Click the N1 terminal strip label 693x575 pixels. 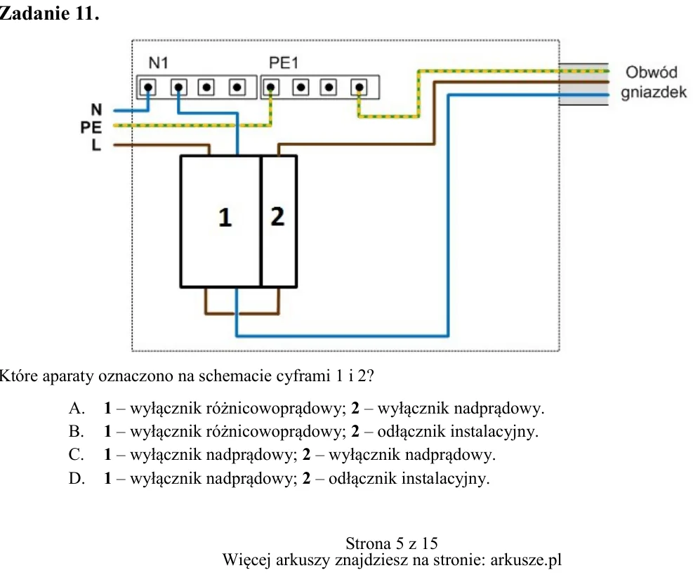(x=158, y=63)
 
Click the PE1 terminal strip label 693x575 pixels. (x=284, y=63)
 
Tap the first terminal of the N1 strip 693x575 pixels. (x=148, y=87)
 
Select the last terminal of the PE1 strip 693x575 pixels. (x=359, y=87)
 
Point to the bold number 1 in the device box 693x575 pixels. (x=225, y=218)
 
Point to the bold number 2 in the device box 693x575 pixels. (x=277, y=216)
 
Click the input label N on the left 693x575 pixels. (x=96, y=110)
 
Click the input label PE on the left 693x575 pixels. (x=91, y=128)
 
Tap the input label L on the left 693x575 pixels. (x=96, y=145)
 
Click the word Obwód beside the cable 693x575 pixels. (x=652, y=72)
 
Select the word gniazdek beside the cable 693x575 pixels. (x=654, y=93)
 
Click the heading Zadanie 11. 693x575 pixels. (x=49, y=13)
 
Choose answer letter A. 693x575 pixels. (x=77, y=409)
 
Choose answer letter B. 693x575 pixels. (x=77, y=431)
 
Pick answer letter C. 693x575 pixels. (x=77, y=455)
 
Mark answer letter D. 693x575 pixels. (x=77, y=479)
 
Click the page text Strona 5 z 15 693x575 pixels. (x=392, y=543)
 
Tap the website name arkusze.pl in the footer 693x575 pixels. (x=526, y=560)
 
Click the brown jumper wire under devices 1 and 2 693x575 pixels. (x=242, y=313)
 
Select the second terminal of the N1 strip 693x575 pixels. (x=178, y=87)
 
